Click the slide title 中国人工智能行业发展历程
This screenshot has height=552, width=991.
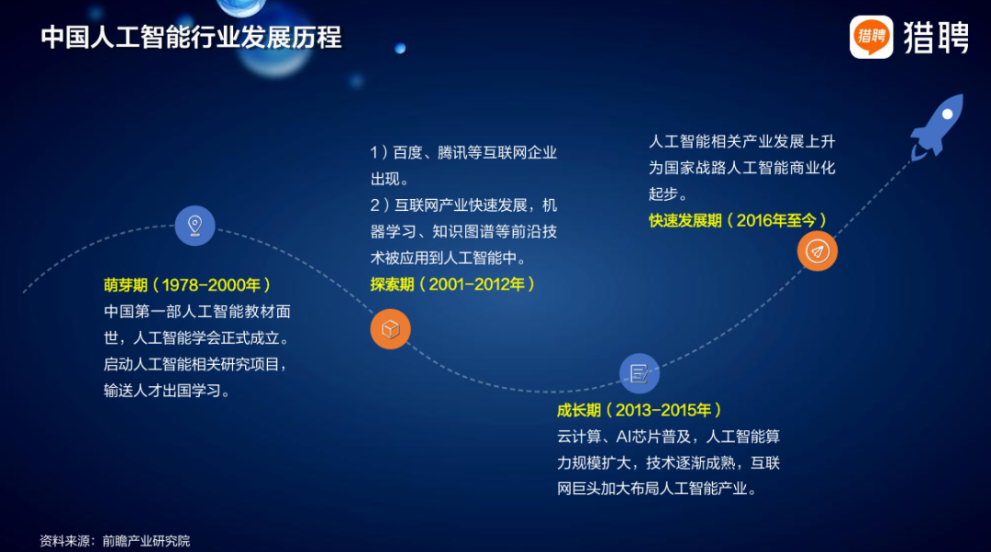(191, 38)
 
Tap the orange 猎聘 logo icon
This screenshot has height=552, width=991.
(871, 37)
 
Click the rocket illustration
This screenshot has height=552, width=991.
(937, 127)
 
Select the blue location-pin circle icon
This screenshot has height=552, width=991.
(195, 226)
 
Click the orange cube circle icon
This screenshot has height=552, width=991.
(391, 329)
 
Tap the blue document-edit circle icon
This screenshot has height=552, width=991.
(639, 374)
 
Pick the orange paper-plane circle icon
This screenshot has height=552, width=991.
(818, 251)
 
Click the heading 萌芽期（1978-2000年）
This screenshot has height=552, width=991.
(188, 285)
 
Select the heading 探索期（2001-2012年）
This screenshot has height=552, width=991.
(453, 285)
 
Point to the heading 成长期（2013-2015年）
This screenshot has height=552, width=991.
(640, 411)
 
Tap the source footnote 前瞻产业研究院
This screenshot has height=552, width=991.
(146, 541)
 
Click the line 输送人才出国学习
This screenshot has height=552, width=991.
(167, 391)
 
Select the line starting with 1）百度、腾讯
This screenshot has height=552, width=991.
(463, 153)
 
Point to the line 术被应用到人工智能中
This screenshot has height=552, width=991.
(448, 259)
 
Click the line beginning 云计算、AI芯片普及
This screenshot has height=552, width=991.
(668, 436)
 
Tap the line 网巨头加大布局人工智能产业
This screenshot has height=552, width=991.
(657, 489)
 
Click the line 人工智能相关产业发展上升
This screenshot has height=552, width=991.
(742, 141)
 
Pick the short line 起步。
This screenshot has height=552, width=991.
(668, 193)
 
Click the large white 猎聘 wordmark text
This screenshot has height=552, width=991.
(936, 38)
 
